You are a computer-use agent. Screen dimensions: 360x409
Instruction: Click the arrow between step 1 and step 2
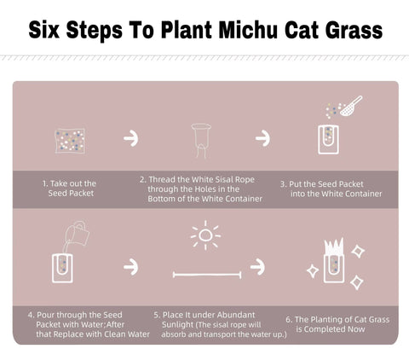pos(131,138)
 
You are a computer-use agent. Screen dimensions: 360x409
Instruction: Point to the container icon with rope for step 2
pos(201,138)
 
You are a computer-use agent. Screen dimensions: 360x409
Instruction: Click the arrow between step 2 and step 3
pos(263,138)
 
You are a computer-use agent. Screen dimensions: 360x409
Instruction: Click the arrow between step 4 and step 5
pos(131,266)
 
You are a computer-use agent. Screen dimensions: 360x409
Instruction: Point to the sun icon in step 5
pos(205,235)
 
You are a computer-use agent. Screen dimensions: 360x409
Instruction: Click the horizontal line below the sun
pos(206,275)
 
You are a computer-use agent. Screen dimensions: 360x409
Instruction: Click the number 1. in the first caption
pos(45,183)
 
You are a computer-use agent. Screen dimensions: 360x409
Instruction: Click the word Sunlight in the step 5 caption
pos(174,324)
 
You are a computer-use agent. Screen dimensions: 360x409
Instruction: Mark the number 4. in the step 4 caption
pos(32,315)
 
